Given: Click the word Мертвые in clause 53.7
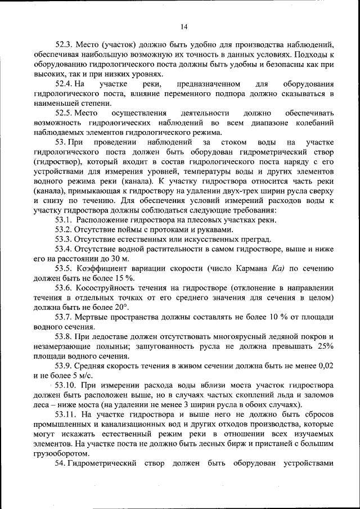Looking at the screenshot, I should [x=93, y=317].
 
